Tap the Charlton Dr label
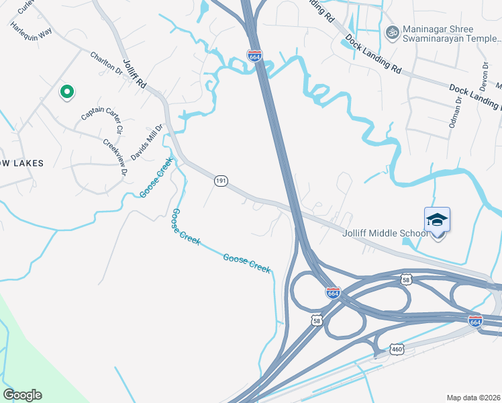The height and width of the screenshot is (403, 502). [x=107, y=63]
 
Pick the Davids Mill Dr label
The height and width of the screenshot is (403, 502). [x=147, y=142]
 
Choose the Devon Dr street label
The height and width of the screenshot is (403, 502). [x=484, y=77]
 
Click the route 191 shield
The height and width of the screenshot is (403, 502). [x=221, y=181]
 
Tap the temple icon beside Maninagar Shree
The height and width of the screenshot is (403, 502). [x=391, y=32]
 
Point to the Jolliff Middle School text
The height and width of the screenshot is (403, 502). [x=385, y=233]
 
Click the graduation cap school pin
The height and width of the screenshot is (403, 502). [x=437, y=220]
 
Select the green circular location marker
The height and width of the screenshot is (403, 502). [x=66, y=92]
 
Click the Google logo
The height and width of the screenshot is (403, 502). [x=22, y=395]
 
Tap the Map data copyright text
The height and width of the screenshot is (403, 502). [x=474, y=398]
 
